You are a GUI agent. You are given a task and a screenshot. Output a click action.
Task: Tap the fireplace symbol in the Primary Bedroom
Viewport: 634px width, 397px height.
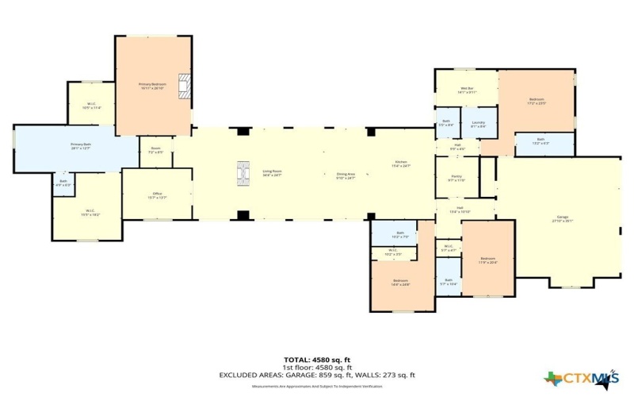pyautogui.click(x=185, y=86)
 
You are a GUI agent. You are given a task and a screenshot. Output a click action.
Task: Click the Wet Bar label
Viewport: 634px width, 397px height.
pyautogui.click(x=467, y=91)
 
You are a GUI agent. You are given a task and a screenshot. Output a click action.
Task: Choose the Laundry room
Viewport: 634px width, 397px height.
pyautogui.click(x=478, y=124)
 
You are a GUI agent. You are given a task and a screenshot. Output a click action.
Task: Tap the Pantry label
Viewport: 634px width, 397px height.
pyautogui.click(x=456, y=179)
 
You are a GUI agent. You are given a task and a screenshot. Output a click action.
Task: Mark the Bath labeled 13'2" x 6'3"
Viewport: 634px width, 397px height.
pyautogui.click(x=540, y=144)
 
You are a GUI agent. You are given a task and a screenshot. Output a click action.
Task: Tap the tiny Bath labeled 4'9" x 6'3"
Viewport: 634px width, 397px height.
pyautogui.click(x=63, y=183)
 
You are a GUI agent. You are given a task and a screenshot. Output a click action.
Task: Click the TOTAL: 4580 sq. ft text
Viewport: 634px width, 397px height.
pyautogui.click(x=317, y=359)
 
